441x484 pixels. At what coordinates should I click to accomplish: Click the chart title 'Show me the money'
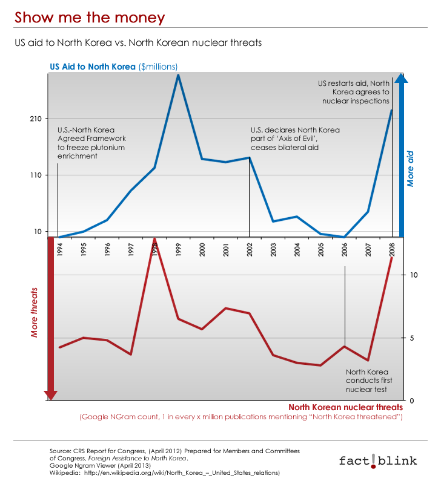[90, 18]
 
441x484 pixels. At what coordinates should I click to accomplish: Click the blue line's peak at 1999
[178, 75]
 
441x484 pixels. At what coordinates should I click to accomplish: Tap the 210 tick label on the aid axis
[36, 119]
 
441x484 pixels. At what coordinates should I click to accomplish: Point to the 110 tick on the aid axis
[36, 175]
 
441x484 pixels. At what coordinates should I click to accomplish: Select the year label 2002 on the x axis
[250, 250]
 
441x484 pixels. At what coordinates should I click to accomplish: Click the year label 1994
[60, 249]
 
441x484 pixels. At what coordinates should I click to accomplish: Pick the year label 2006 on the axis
[345, 250]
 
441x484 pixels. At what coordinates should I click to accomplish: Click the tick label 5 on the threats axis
[412, 338]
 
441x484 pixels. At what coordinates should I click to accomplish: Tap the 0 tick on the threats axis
[412, 401]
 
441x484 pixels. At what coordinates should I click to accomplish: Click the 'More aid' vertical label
[410, 169]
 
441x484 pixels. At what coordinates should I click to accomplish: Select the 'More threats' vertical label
[34, 312]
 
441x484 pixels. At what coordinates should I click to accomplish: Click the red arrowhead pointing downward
[51, 395]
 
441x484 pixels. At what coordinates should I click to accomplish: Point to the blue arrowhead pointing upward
[401, 78]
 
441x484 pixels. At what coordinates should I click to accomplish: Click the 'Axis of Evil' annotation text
[295, 139]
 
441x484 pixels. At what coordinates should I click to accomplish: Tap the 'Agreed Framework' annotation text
[91, 143]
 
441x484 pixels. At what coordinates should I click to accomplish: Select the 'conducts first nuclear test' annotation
[369, 381]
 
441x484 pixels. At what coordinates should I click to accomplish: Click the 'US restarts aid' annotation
[354, 93]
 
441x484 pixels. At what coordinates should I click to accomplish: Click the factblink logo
[378, 461]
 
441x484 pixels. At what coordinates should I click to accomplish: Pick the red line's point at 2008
[392, 258]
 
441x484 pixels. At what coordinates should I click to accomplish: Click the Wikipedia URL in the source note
[182, 473]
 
